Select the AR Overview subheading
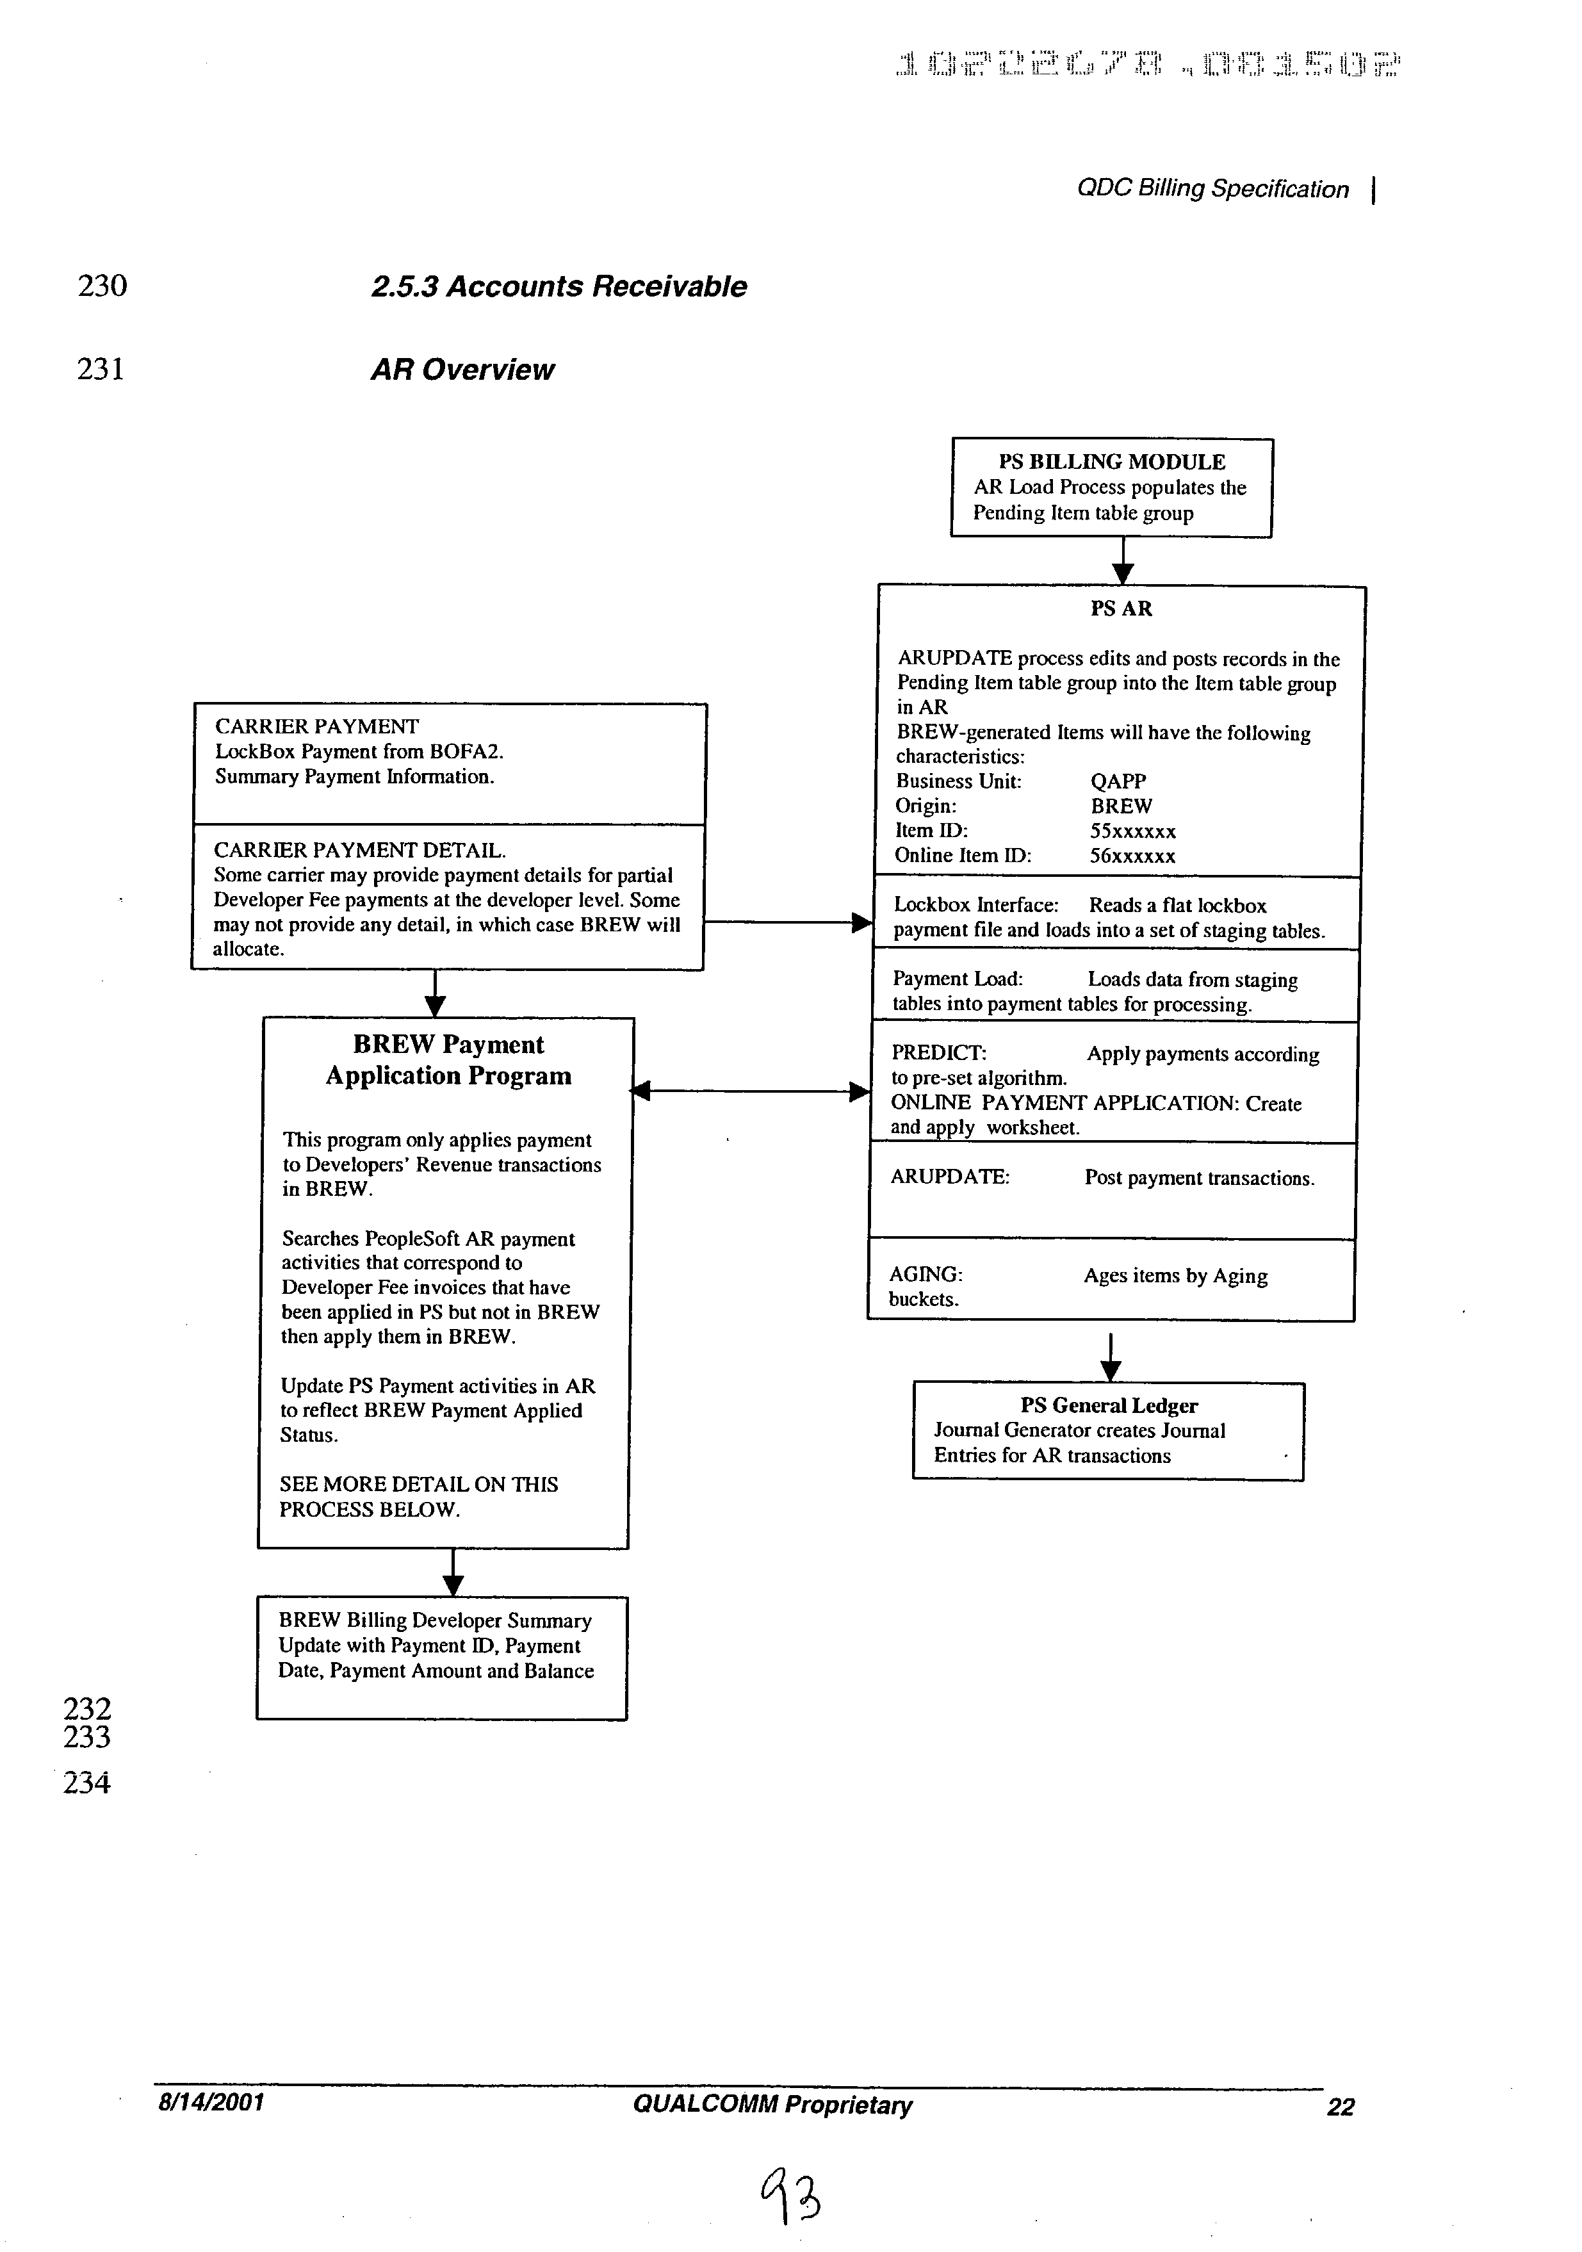coord(462,370)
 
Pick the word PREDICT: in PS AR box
coord(938,1054)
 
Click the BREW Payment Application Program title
coord(448,1060)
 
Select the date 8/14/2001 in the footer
coord(211,2102)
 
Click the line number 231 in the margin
coord(101,370)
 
